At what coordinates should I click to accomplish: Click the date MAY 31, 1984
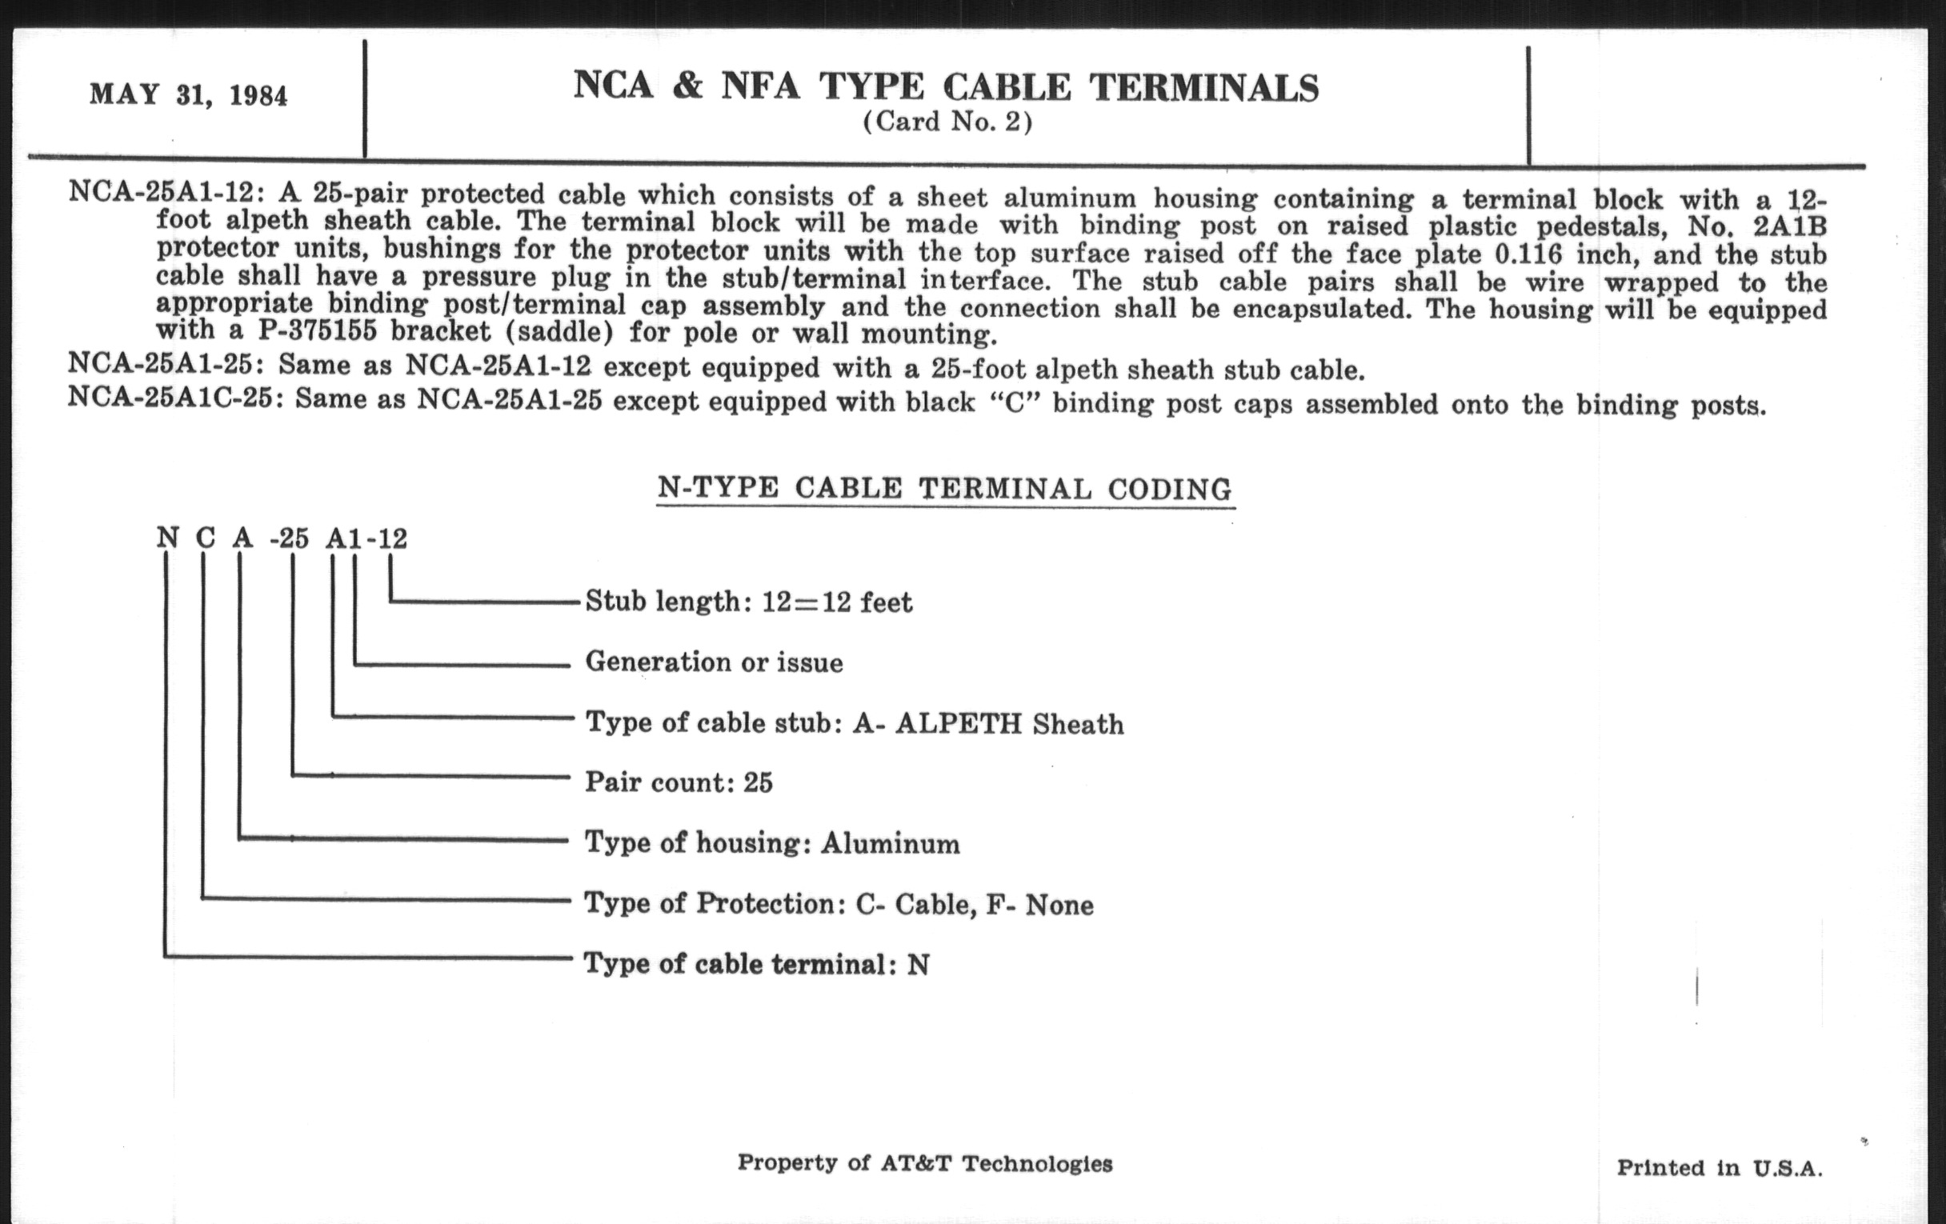188,95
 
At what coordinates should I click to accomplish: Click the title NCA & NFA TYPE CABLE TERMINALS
946,86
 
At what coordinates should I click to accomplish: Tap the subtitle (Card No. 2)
947,122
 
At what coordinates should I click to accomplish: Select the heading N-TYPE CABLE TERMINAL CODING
945,489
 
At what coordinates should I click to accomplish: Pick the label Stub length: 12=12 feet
748,602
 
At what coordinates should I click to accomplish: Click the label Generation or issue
714,662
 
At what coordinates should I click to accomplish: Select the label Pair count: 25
679,782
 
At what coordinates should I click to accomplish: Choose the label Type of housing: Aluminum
772,843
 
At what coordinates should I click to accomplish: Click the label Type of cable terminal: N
756,964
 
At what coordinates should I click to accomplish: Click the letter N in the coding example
167,538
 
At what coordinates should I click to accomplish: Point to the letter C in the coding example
206,538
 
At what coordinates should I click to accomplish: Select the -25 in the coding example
290,538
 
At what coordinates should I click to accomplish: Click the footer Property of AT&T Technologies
924,1163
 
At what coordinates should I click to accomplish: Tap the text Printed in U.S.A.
1719,1168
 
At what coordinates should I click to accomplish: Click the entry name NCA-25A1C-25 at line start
170,399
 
